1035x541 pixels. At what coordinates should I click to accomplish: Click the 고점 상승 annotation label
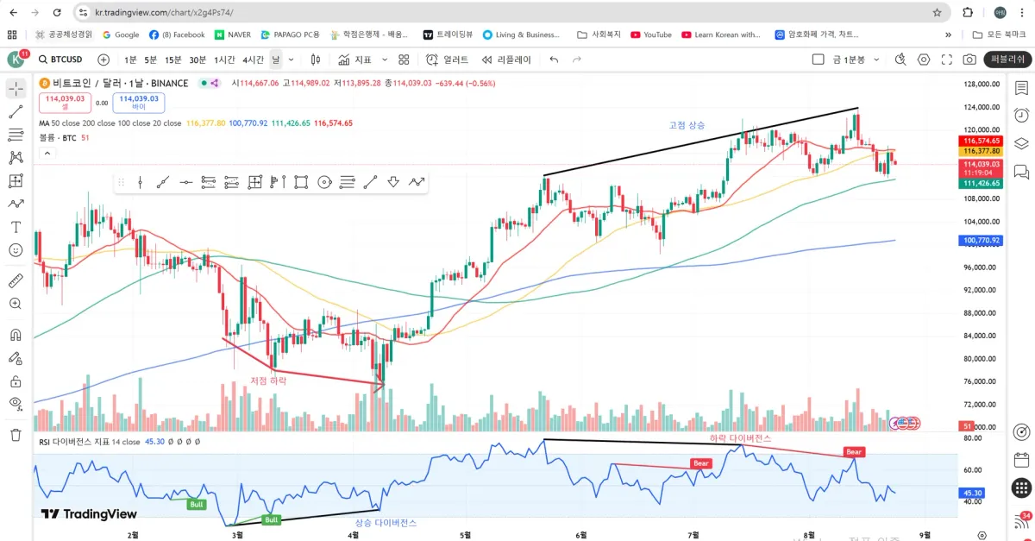687,125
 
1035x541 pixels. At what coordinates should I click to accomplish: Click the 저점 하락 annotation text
267,380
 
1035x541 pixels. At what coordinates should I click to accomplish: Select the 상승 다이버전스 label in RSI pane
386,523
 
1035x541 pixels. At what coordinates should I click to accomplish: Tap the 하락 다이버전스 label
740,438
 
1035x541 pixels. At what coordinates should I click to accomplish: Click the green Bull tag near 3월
271,519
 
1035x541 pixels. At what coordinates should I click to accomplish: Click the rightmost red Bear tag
853,451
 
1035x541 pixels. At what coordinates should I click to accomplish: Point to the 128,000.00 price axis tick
982,84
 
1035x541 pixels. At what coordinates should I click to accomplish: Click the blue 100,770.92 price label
982,241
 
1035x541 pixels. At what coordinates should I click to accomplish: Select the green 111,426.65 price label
982,183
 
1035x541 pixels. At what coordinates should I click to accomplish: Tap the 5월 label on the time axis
466,535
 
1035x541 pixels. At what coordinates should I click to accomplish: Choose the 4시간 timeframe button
253,60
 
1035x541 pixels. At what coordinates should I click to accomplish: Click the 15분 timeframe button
173,60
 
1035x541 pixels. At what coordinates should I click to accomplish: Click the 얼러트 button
448,60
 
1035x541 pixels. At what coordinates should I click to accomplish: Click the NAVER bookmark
233,35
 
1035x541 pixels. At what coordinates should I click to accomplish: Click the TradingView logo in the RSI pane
89,513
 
